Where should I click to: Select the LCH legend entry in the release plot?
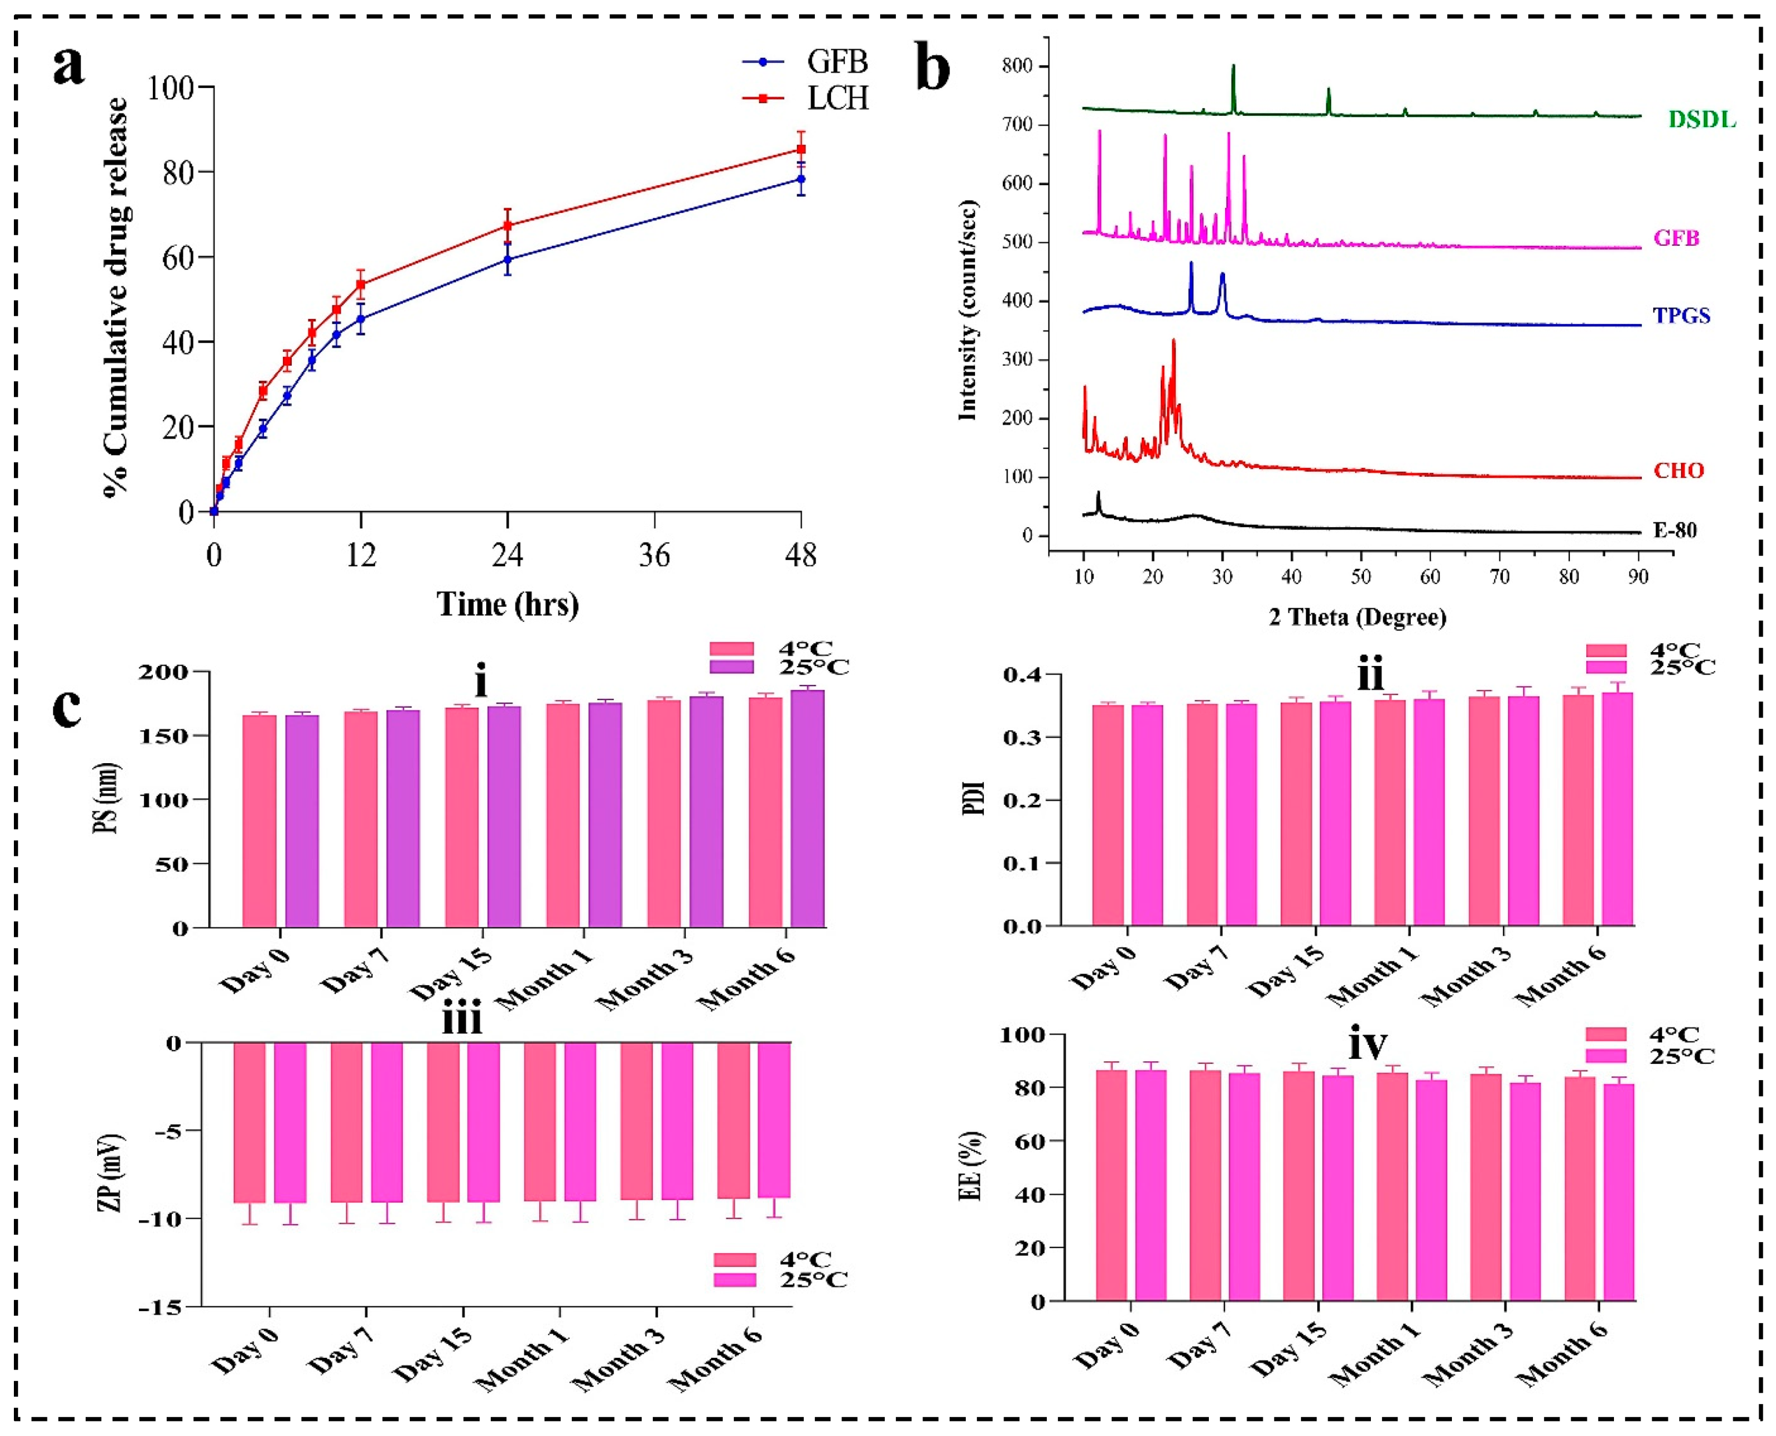(x=837, y=98)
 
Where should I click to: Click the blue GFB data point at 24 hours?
(x=507, y=260)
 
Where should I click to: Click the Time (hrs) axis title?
(x=507, y=605)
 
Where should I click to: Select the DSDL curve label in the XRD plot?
(x=1701, y=120)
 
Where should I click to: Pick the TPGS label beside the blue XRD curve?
(x=1682, y=315)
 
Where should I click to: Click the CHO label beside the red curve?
(x=1678, y=471)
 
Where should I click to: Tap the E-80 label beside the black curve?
(x=1674, y=530)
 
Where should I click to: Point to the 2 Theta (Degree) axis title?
(x=1358, y=617)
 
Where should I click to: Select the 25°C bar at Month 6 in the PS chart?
(x=807, y=809)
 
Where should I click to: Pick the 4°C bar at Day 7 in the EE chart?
(x=1205, y=1185)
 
